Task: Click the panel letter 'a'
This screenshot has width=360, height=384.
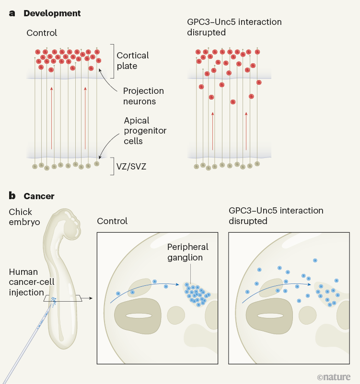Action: tap(12, 13)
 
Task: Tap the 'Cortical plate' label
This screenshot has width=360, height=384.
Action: tap(133, 60)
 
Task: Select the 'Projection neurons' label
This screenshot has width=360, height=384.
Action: tap(143, 96)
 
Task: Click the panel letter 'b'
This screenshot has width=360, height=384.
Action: tap(12, 196)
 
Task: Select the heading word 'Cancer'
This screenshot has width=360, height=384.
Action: tap(39, 196)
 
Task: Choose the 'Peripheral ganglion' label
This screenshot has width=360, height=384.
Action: tap(188, 252)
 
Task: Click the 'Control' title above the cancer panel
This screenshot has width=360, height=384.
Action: tap(112, 221)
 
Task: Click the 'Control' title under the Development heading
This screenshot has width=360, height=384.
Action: tap(42, 33)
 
